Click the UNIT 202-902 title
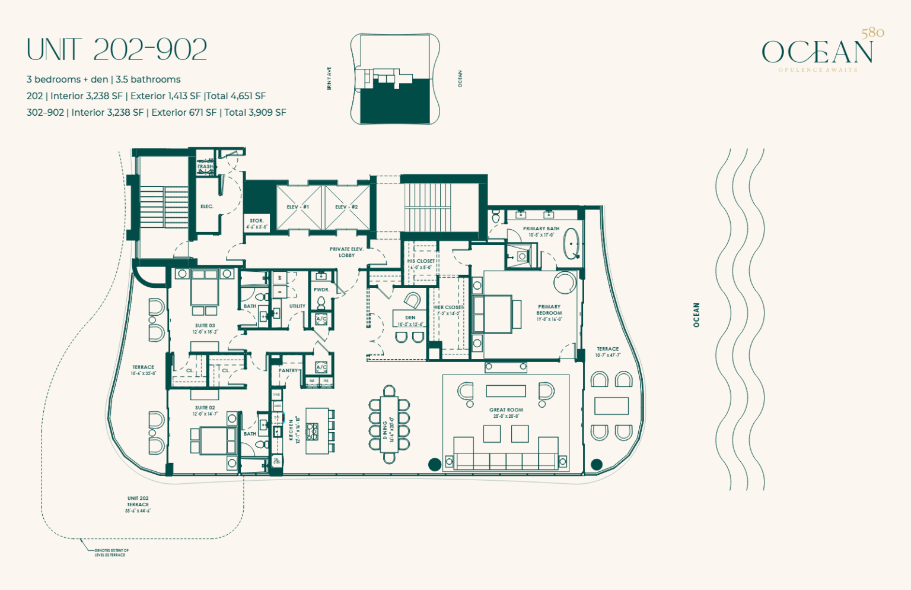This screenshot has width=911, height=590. (x=117, y=49)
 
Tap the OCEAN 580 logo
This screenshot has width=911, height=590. (x=818, y=52)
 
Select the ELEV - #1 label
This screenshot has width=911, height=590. (x=298, y=207)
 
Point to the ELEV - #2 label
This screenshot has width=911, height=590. (x=346, y=207)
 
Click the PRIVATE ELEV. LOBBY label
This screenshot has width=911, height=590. (x=346, y=252)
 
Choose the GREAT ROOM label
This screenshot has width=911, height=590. (x=506, y=410)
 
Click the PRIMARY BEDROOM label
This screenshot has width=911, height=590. (x=549, y=310)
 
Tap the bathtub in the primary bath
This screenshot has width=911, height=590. (x=572, y=245)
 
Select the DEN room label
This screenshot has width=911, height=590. (x=410, y=318)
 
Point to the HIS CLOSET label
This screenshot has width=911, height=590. (x=421, y=261)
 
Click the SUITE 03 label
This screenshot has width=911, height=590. (x=205, y=326)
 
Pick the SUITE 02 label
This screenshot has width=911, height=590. (x=205, y=408)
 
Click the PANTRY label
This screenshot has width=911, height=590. (x=288, y=370)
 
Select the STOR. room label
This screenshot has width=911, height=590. (x=257, y=221)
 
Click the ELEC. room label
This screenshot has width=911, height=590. (x=206, y=207)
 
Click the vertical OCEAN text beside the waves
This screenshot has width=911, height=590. (x=697, y=315)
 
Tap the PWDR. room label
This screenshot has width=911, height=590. (x=321, y=290)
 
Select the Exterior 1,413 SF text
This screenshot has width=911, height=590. (x=165, y=96)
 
